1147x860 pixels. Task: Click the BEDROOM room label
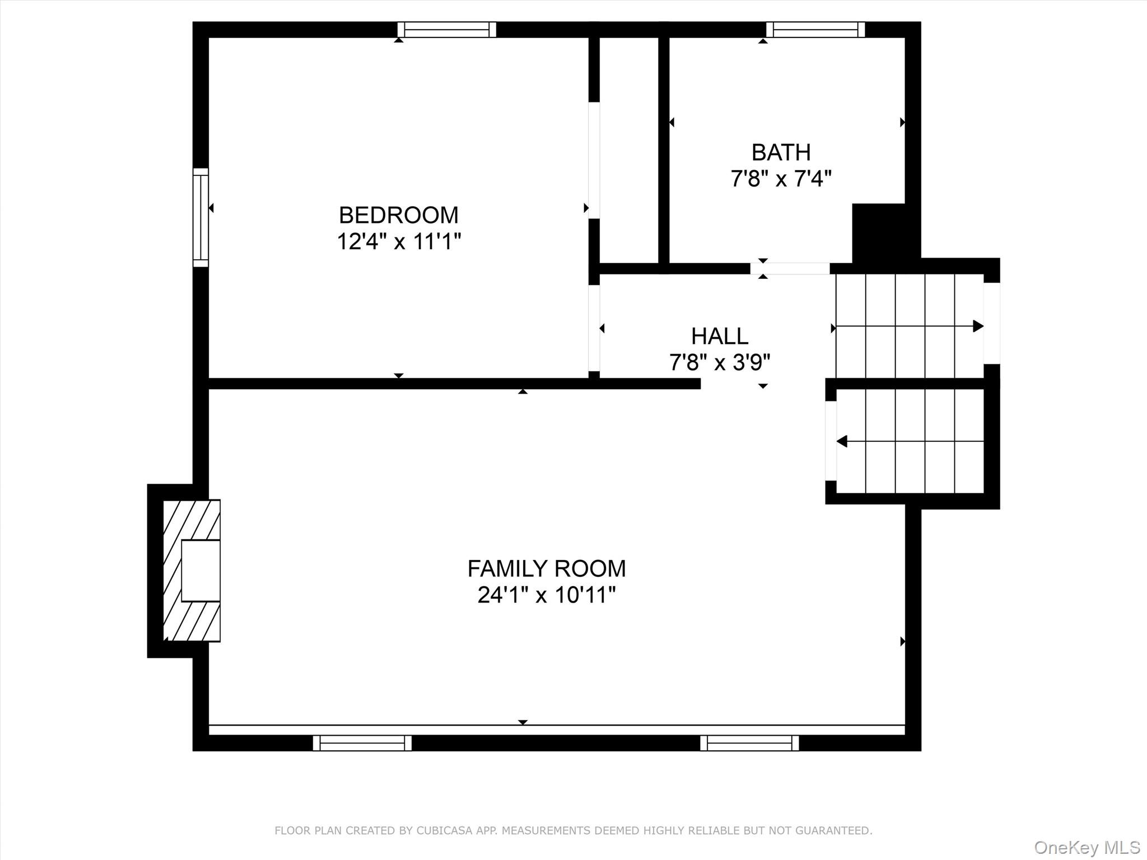point(398,215)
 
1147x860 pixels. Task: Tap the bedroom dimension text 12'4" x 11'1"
point(398,242)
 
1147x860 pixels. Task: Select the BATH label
point(781,152)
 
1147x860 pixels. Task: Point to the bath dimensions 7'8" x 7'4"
point(781,179)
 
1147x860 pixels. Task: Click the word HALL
point(720,336)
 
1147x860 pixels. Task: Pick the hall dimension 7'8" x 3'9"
point(720,363)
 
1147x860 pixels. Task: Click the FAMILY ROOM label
point(547,568)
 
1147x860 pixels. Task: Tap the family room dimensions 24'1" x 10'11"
point(547,595)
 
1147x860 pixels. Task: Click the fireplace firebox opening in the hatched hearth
point(201,571)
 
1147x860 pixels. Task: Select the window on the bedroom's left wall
point(201,217)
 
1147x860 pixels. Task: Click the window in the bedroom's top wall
point(446,30)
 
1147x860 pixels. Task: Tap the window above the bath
point(815,30)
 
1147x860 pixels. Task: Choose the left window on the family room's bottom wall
point(362,743)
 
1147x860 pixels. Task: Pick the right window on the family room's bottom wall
point(749,743)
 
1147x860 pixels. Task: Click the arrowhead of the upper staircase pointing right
point(978,326)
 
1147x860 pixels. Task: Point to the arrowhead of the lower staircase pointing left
point(841,441)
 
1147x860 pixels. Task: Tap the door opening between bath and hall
point(790,268)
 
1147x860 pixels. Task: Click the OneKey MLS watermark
point(1087,847)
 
